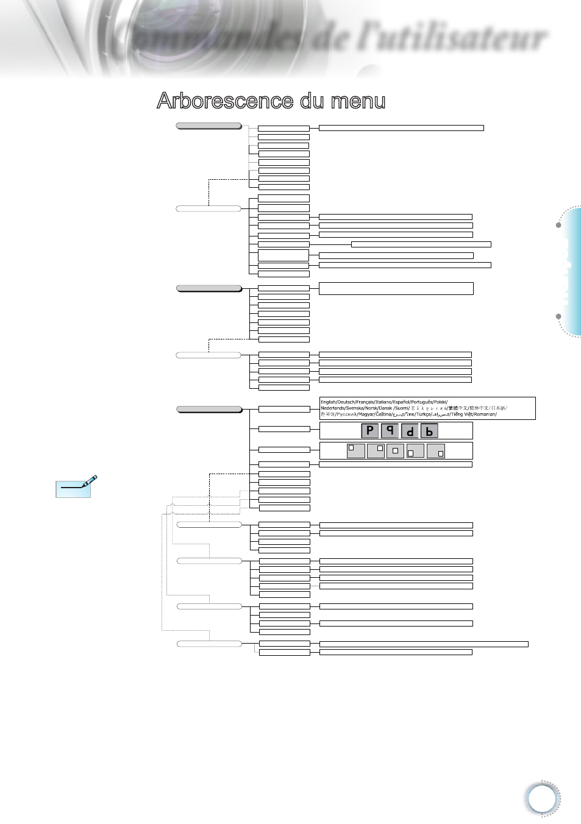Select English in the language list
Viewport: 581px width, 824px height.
click(x=328, y=402)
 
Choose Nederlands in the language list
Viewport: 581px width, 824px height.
click(x=332, y=408)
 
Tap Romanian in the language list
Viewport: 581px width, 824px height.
click(x=485, y=414)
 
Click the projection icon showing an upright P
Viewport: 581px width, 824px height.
click(x=370, y=431)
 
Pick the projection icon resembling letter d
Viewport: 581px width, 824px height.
click(x=410, y=431)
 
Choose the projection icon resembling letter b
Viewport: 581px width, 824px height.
click(x=429, y=431)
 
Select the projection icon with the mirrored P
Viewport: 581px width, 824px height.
click(x=390, y=431)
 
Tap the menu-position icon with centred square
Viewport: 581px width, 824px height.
click(x=395, y=451)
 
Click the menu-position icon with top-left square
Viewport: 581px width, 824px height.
click(x=356, y=451)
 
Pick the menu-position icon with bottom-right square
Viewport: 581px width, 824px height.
click(x=436, y=451)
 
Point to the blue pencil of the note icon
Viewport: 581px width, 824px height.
click(x=90, y=481)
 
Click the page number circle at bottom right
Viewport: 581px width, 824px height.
click(x=542, y=798)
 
